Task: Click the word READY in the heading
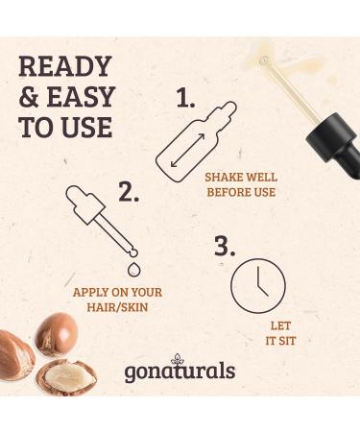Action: (65, 66)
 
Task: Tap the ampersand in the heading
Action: (29, 97)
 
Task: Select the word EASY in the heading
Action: (81, 97)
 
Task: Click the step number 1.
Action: (185, 98)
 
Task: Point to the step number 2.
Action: (129, 191)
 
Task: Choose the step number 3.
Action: (225, 246)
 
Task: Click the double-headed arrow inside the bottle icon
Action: (187, 150)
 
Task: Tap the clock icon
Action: (258, 286)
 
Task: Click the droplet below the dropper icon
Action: (134, 269)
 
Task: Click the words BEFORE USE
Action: (241, 192)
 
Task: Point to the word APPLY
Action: (90, 292)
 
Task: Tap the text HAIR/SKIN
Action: (117, 307)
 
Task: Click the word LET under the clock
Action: (280, 325)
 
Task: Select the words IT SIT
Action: (280, 341)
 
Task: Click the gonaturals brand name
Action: (180, 372)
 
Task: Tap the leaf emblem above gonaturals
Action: (178, 359)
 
